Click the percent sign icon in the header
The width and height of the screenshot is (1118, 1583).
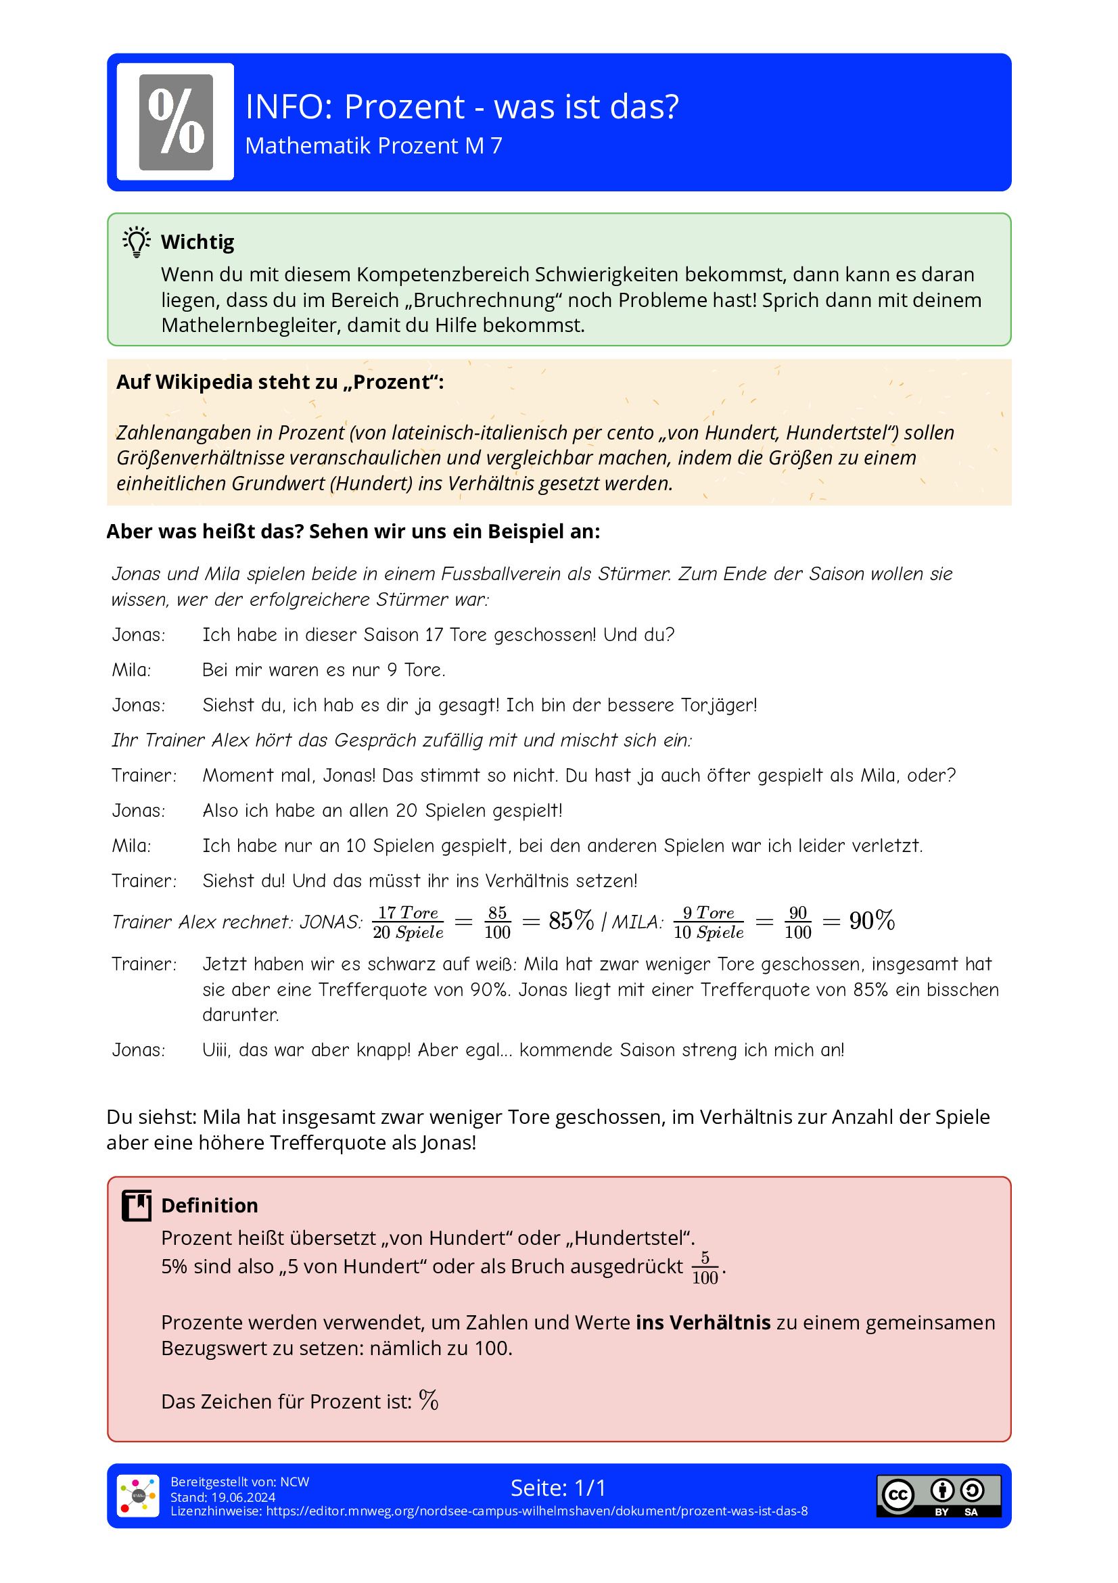pos(175,122)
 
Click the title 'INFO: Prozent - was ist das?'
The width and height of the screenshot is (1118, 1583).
pos(462,107)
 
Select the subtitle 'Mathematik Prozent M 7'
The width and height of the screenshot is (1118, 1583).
pos(373,146)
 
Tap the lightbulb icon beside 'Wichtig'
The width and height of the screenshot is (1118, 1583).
pos(137,242)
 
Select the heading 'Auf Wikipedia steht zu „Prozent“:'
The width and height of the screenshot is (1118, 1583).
pos(280,382)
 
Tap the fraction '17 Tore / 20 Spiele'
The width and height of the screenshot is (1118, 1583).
pos(408,922)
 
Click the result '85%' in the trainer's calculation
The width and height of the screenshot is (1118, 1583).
pos(571,920)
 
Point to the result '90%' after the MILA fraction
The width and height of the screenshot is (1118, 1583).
pos(872,920)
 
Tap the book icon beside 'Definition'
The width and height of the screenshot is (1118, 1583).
pos(137,1205)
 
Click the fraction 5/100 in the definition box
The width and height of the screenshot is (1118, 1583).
pos(705,1268)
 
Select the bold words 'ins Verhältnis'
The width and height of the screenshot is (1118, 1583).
pos(703,1323)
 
